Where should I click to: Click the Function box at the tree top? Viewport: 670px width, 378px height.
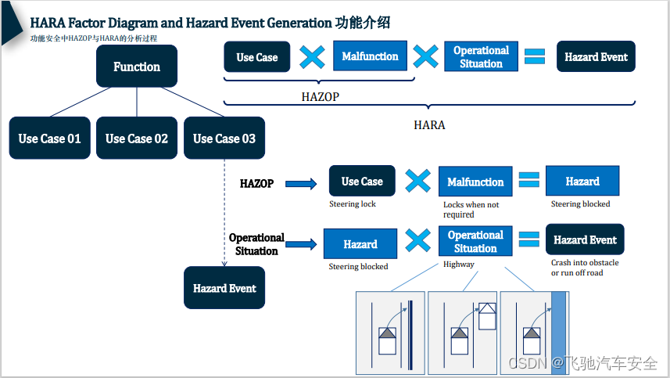pyautogui.click(x=137, y=67)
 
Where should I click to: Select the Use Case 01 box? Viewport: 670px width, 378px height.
pyautogui.click(x=50, y=139)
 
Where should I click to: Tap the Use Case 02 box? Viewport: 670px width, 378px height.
pyautogui.click(x=137, y=139)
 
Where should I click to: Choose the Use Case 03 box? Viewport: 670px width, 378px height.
pyautogui.click(x=224, y=139)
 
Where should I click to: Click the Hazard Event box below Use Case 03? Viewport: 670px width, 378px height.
pyautogui.click(x=224, y=288)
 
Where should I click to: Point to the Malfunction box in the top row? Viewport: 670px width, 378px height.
pyautogui.click(x=370, y=56)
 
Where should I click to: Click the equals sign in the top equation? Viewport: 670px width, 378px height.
pyautogui.click(x=534, y=56)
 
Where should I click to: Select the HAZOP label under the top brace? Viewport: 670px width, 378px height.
pyautogui.click(x=320, y=98)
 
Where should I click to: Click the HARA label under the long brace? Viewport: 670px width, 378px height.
pyautogui.click(x=428, y=124)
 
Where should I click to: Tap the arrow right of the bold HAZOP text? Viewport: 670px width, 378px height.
pyautogui.click(x=300, y=185)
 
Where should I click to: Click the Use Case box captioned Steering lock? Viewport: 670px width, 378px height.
pyautogui.click(x=362, y=182)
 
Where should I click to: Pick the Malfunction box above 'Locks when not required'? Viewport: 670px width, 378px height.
pyautogui.click(x=475, y=182)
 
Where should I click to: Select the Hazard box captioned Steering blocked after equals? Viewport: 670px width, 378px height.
pyautogui.click(x=582, y=182)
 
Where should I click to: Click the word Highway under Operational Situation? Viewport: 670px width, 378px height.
pyautogui.click(x=459, y=265)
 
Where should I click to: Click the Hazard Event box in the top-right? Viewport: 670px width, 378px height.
pyautogui.click(x=596, y=57)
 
